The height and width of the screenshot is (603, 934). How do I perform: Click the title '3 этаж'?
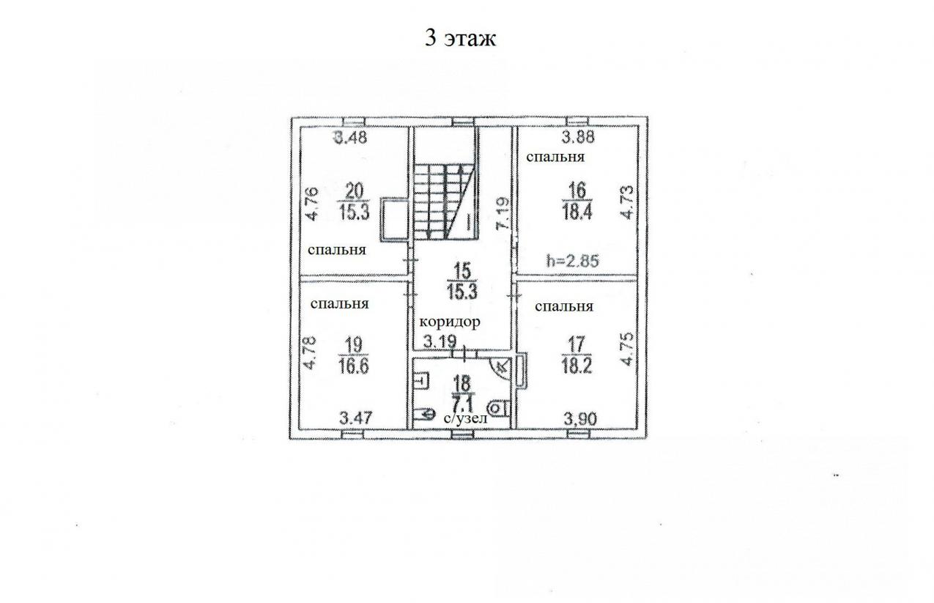click(460, 38)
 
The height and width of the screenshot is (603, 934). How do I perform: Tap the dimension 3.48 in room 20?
click(351, 137)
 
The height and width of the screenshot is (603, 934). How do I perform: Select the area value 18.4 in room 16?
click(577, 212)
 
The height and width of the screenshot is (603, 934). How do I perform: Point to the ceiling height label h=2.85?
click(573, 261)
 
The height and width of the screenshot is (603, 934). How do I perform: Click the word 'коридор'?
click(450, 322)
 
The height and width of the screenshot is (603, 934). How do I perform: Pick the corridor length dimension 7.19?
click(503, 213)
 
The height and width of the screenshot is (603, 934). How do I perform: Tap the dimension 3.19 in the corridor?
click(440, 342)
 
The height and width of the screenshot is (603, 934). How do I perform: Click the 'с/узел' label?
click(465, 418)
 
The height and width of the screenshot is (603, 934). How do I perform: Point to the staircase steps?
click(444, 201)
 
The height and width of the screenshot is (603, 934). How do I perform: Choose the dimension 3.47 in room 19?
click(356, 418)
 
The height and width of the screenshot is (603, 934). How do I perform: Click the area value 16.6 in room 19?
click(354, 366)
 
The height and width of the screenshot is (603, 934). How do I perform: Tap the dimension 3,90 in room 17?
click(580, 418)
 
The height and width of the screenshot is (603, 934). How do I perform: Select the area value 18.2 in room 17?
click(577, 366)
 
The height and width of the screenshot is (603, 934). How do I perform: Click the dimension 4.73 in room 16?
click(627, 202)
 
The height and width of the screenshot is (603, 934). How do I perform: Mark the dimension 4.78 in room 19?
click(310, 353)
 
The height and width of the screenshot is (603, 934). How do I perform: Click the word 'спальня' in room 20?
click(337, 250)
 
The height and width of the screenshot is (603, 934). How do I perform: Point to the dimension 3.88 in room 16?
click(578, 137)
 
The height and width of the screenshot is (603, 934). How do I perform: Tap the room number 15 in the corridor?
click(462, 271)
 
